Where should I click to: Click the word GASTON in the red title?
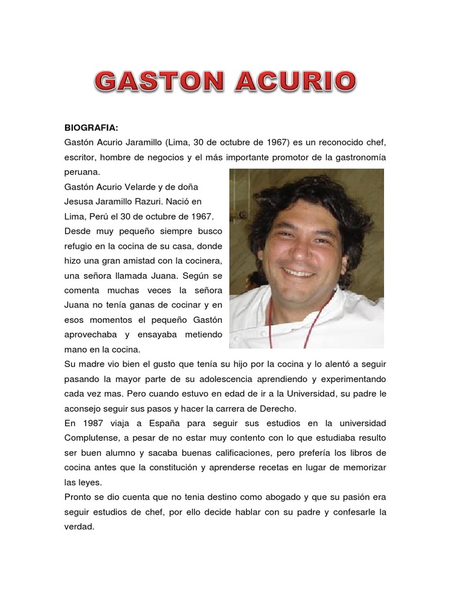159,82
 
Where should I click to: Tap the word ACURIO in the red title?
295,82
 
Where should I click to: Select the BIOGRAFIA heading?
91,127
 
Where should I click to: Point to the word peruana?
83,173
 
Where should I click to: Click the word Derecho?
276,408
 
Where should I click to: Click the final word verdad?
79,527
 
